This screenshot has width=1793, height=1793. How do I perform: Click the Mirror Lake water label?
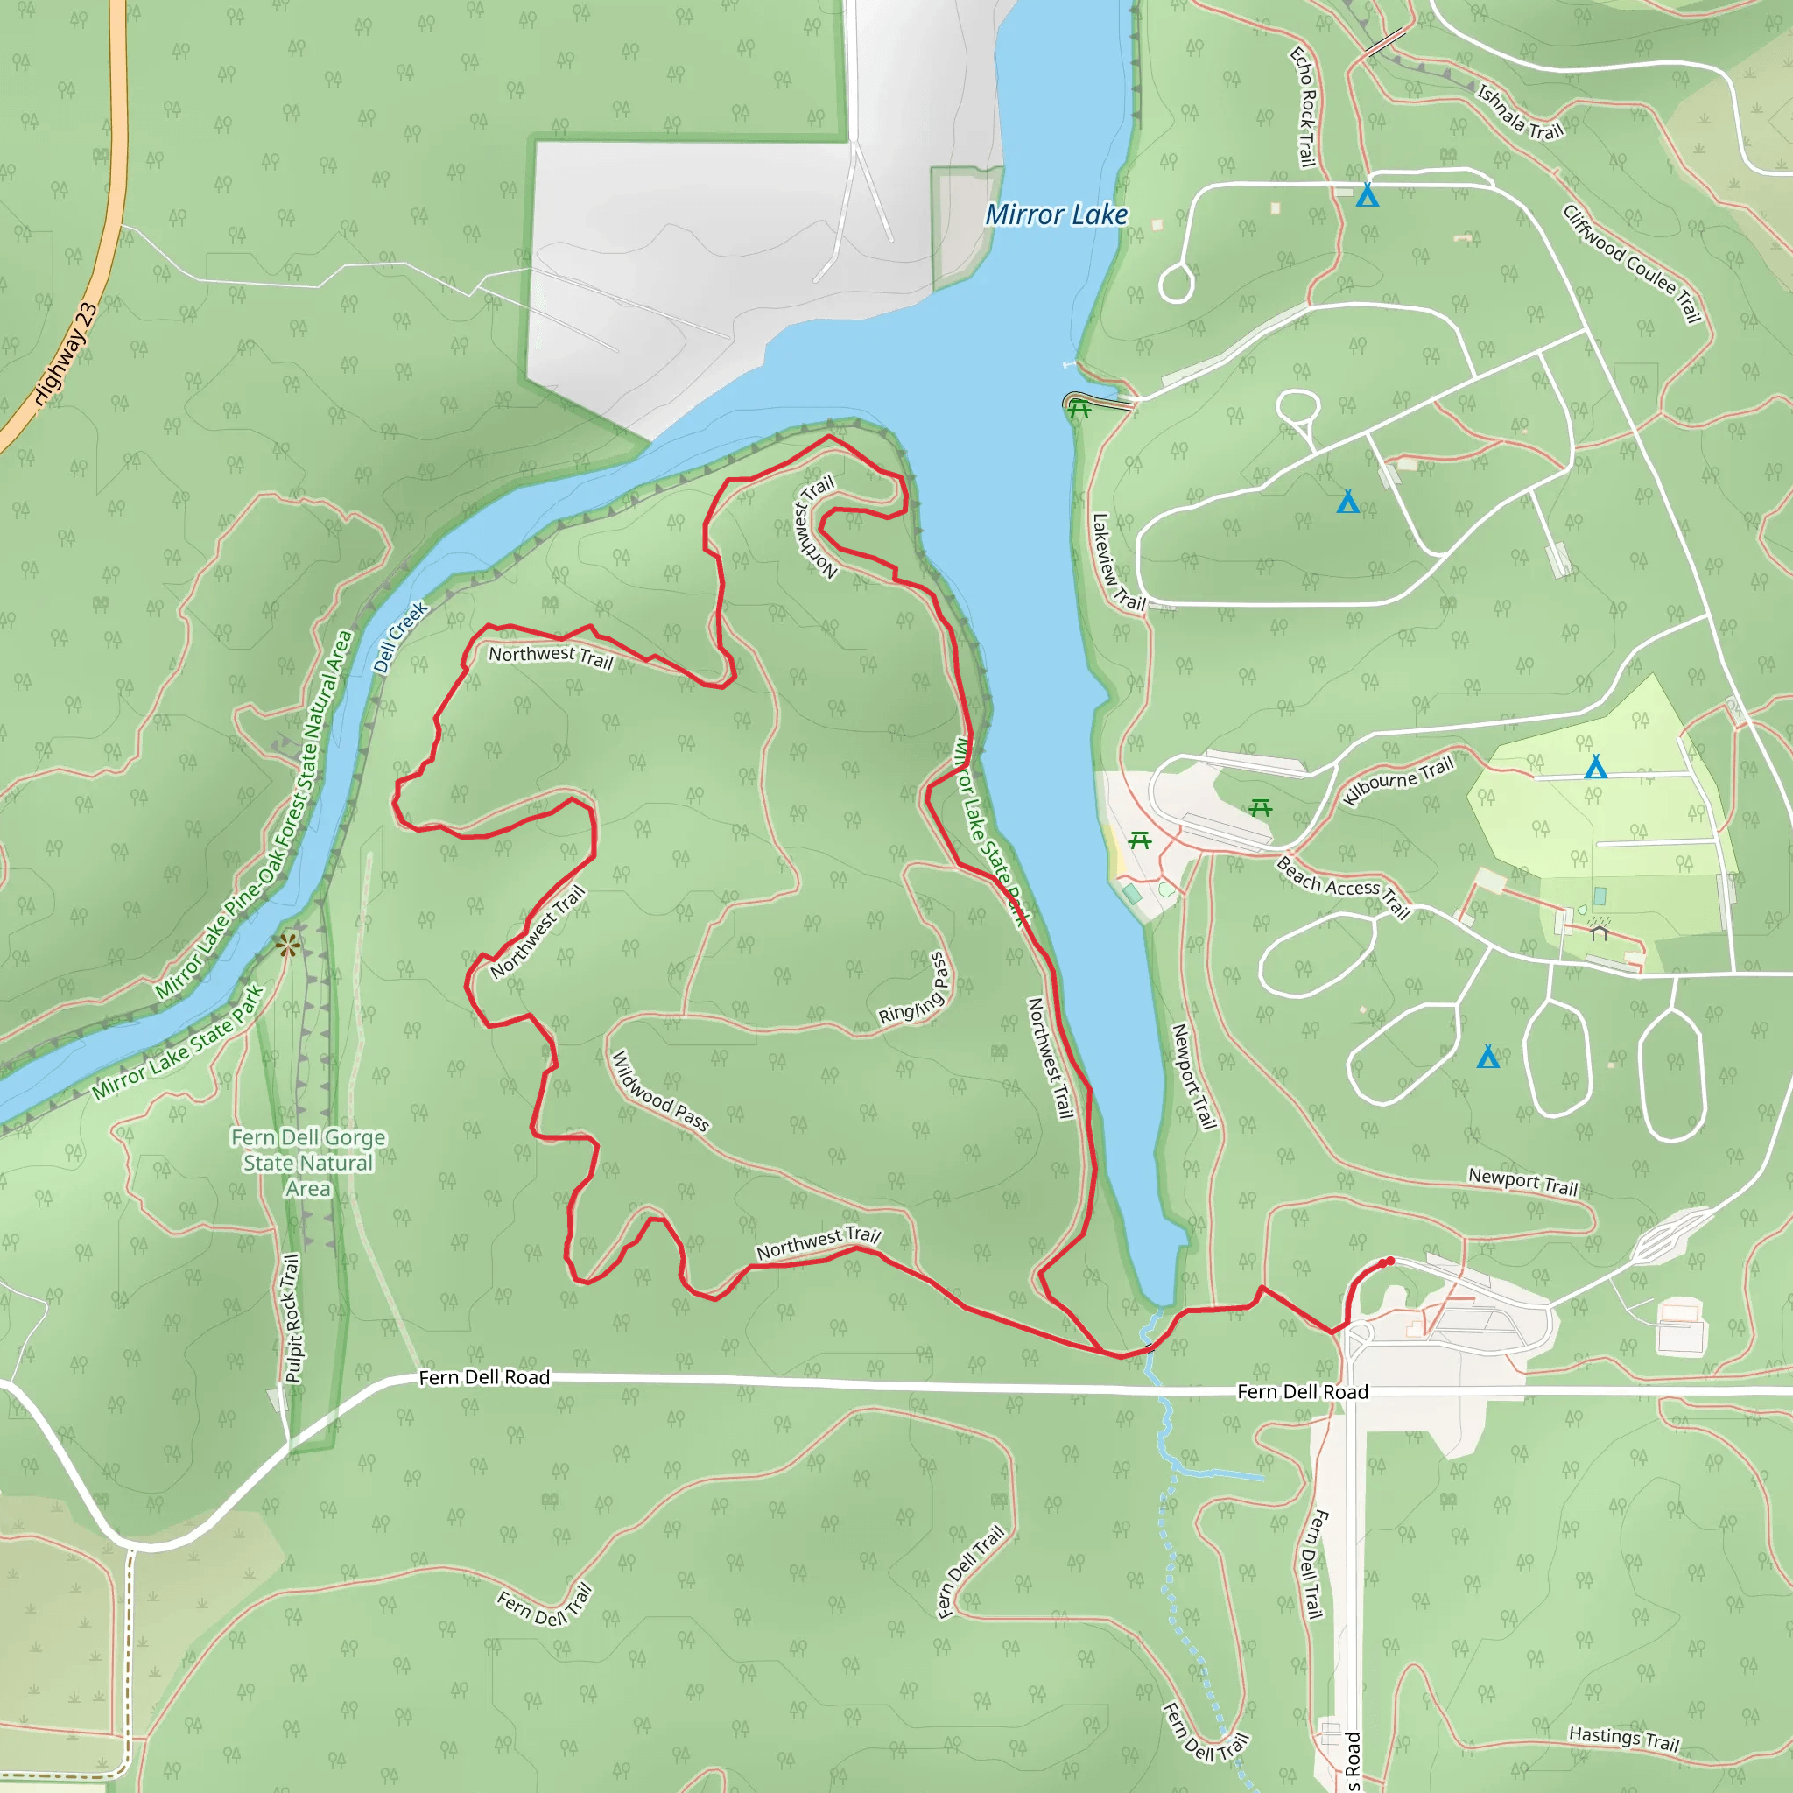(x=1056, y=215)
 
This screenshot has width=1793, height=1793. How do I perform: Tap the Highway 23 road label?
(x=66, y=355)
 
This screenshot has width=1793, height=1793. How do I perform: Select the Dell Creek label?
(x=400, y=636)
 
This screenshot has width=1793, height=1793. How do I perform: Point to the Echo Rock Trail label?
(x=1304, y=108)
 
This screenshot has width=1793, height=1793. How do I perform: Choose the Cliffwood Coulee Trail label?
(x=1633, y=264)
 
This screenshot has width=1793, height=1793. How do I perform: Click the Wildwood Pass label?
(x=660, y=1092)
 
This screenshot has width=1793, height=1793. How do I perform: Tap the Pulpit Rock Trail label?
(x=292, y=1318)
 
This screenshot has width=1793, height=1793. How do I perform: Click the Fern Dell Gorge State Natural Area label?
(x=308, y=1163)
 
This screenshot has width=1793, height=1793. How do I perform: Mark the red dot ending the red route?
(x=1389, y=1262)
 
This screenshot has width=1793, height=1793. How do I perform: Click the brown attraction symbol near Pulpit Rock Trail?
(x=288, y=946)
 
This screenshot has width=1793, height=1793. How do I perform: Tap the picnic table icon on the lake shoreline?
(x=1079, y=408)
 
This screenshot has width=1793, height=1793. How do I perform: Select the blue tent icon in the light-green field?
(x=1595, y=767)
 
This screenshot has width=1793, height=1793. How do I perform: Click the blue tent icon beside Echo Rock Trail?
(x=1367, y=196)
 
